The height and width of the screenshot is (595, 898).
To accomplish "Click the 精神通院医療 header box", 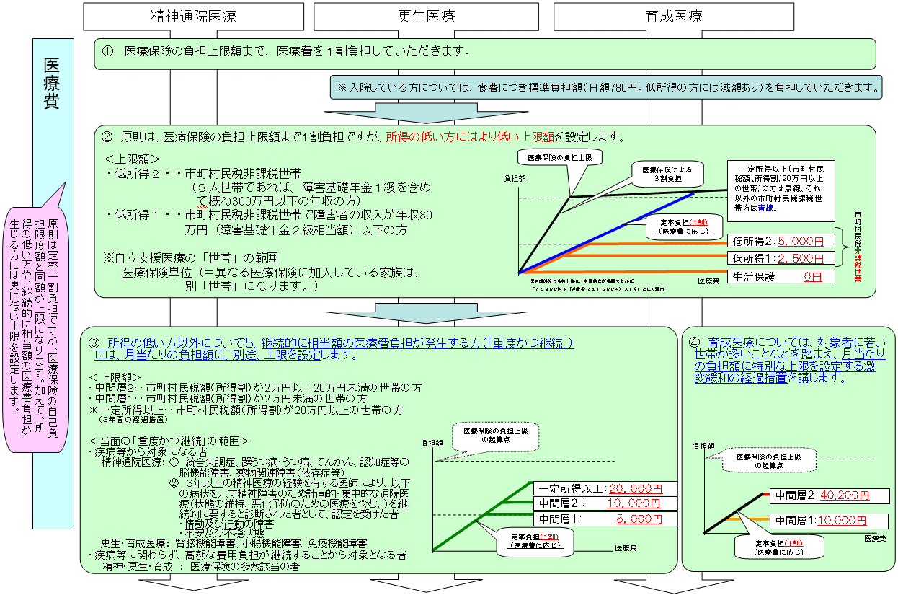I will click(194, 14).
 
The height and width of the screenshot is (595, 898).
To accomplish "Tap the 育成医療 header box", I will click(674, 14).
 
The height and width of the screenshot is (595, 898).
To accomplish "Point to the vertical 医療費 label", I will click(52, 82).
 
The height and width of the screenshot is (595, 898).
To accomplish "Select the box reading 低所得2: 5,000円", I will click(781, 241).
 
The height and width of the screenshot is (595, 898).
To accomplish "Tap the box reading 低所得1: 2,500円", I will click(781, 258).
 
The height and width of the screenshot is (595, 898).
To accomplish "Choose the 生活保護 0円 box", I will click(781, 276).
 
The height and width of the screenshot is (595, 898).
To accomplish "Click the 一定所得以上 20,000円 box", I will click(605, 488).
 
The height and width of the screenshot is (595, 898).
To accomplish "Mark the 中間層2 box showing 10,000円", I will click(605, 503).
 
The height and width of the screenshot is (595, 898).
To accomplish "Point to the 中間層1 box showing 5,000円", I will click(605, 519).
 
